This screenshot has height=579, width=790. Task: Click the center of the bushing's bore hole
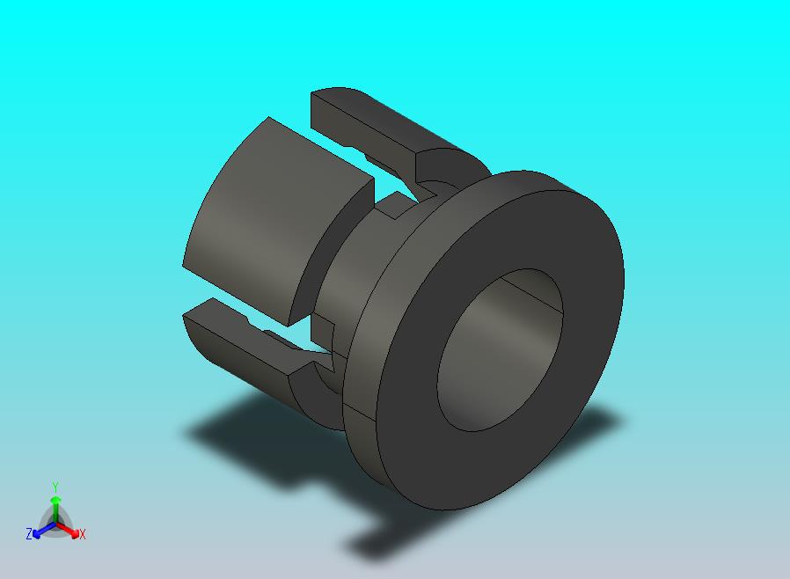pyautogui.click(x=500, y=350)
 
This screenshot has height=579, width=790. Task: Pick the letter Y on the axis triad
pyautogui.click(x=55, y=487)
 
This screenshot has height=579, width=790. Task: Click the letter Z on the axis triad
pyautogui.click(x=29, y=533)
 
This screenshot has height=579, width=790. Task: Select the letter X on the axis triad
pyautogui.click(x=83, y=534)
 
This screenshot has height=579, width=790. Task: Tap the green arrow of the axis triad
pyautogui.click(x=55, y=505)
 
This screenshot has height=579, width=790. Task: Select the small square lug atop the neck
pyautogui.click(x=392, y=208)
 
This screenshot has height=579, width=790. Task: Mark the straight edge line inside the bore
pyautogui.click(x=536, y=299)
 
